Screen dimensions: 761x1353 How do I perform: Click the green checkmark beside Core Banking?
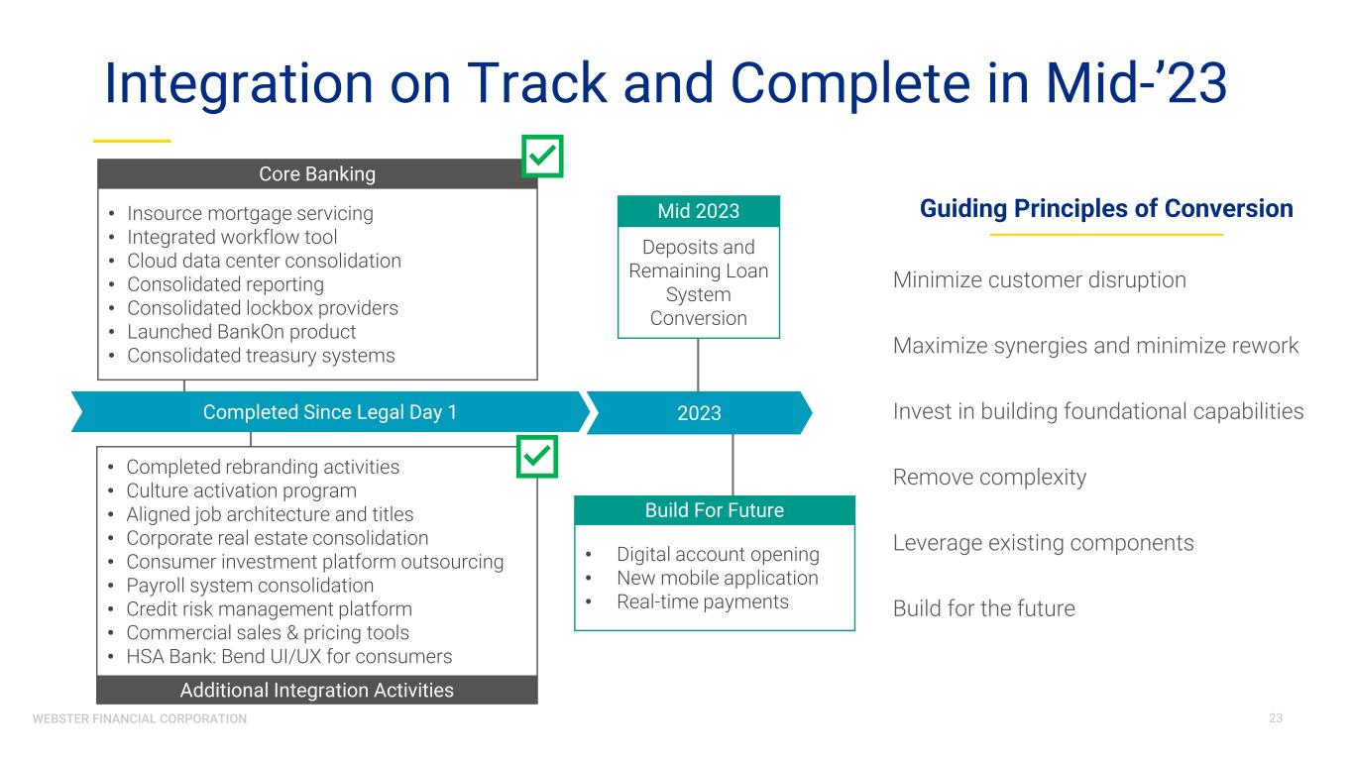[542, 157]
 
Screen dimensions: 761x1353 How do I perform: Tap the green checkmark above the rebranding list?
[538, 457]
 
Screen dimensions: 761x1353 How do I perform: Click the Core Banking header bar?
[316, 174]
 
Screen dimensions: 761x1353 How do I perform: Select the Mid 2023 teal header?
[699, 211]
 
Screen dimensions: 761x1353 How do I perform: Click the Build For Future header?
[715, 510]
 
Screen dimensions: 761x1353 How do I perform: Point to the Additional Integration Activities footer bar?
[316, 691]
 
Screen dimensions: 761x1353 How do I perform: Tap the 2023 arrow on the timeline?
[699, 413]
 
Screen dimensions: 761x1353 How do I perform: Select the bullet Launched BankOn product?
[241, 332]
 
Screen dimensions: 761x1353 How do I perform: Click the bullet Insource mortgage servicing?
[250, 213]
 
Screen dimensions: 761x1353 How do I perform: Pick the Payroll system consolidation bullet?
[250, 586]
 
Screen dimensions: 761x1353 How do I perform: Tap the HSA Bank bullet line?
[288, 657]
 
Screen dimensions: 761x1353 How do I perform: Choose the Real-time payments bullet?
[702, 601]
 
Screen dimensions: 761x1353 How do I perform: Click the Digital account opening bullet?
[718, 554]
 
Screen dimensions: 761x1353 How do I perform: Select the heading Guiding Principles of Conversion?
[1106, 209]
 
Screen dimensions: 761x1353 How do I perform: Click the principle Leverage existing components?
[1043, 543]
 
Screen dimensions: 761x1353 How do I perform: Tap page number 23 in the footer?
[1275, 717]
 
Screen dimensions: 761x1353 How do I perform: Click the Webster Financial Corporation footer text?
[140, 718]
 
